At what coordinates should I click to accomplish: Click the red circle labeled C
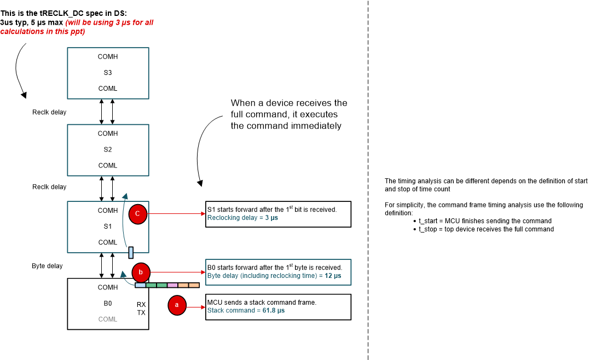tap(137, 214)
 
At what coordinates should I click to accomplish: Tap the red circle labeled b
tap(141, 272)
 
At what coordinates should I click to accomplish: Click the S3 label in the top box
tap(108, 72)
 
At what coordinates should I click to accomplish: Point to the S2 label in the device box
tap(108, 149)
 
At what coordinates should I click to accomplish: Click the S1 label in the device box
tap(108, 226)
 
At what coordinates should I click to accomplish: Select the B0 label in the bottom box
tap(108, 303)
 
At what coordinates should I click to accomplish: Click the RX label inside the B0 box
tap(141, 303)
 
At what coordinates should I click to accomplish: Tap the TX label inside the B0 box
tap(141, 312)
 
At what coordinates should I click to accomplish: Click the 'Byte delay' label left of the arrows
tap(47, 266)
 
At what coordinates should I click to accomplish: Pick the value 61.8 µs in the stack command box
tap(273, 310)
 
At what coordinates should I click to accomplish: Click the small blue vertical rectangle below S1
tap(131, 252)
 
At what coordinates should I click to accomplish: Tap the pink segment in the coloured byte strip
tap(172, 285)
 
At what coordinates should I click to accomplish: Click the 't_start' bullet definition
tap(485, 221)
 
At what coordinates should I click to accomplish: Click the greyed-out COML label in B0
tap(108, 319)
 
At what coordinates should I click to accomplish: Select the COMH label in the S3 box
tap(108, 56)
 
